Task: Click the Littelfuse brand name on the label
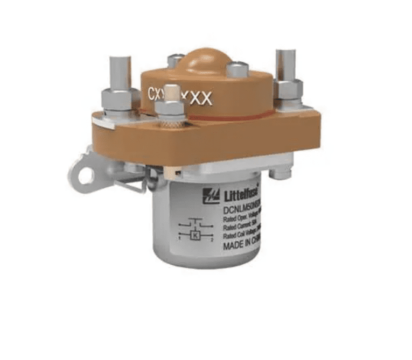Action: pos(241,193)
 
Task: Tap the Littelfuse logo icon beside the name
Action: pos(211,196)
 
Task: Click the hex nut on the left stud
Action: pos(120,100)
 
